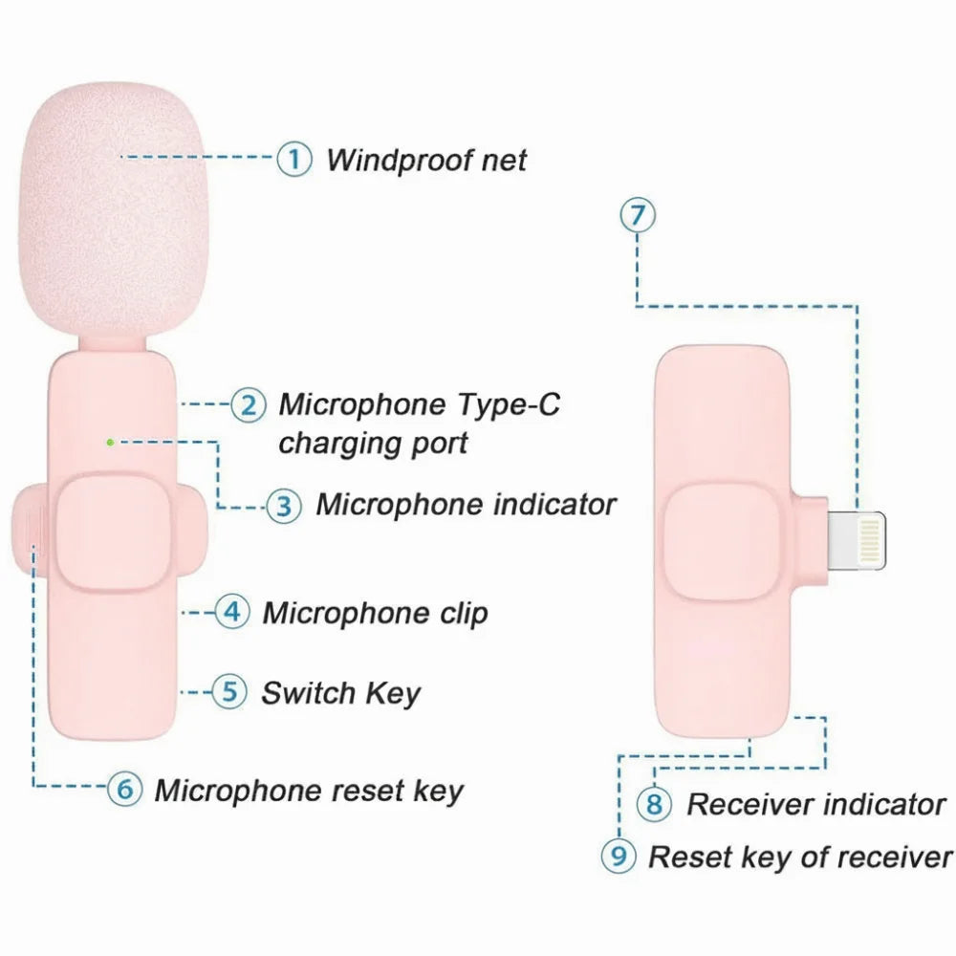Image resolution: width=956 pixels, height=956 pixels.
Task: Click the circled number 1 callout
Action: [x=294, y=159]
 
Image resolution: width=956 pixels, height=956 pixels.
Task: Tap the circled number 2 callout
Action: [x=249, y=404]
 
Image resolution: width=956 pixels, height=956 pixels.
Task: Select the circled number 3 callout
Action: [x=284, y=506]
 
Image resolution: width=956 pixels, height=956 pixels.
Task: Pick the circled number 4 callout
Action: [x=232, y=612]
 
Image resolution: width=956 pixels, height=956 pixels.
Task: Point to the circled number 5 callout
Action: [x=229, y=691]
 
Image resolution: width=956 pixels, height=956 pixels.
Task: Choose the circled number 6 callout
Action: [x=125, y=789]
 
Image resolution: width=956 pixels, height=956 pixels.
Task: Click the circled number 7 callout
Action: [x=638, y=215]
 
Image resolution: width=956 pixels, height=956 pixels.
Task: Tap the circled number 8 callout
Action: [x=654, y=804]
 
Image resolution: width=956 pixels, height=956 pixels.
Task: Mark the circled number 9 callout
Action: [x=619, y=856]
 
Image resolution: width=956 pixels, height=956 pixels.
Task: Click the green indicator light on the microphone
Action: [x=110, y=443]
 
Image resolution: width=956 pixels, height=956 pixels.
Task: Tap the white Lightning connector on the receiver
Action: [x=856, y=540]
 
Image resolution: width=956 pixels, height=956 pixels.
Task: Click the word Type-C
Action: [x=508, y=404]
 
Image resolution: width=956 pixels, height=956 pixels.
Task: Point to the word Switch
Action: [x=308, y=692]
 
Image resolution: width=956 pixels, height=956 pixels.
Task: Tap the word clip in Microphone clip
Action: [x=464, y=614]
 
